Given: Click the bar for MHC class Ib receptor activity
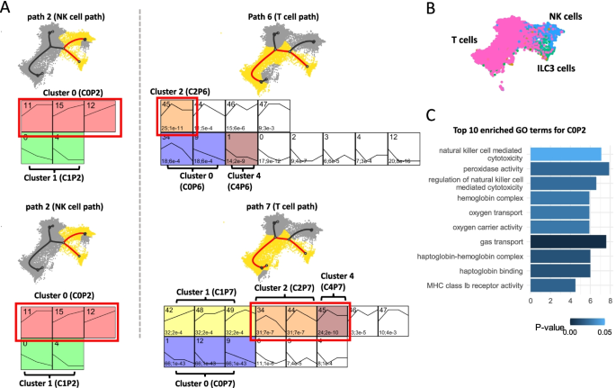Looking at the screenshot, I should (553, 285).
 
